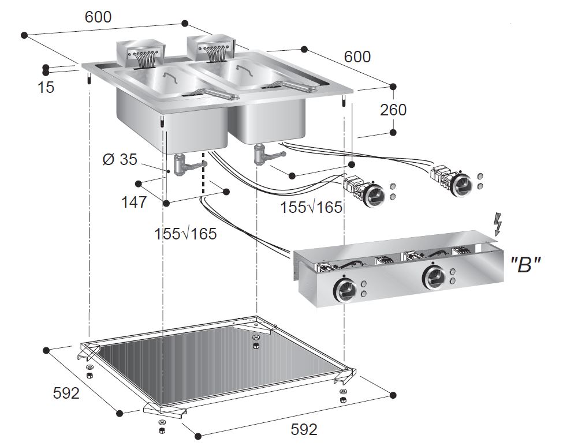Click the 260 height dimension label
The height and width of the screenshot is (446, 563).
tap(393, 109)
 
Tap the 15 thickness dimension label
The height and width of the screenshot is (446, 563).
tap(46, 87)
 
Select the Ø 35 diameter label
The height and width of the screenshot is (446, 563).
tap(120, 159)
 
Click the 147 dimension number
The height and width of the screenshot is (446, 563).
tap(133, 202)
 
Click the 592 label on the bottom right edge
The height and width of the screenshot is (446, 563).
tap(304, 429)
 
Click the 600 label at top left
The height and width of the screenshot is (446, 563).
tap(98, 17)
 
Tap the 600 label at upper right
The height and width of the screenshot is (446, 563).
tap(357, 57)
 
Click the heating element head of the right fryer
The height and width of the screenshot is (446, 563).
tap(211, 46)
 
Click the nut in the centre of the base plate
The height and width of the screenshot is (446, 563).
tap(256, 346)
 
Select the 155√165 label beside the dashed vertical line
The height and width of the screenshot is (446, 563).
tap(185, 234)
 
